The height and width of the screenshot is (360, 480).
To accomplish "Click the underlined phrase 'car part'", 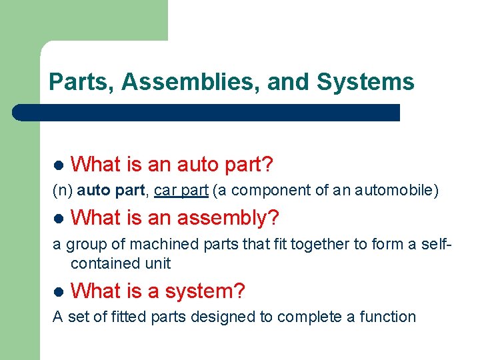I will (181, 191).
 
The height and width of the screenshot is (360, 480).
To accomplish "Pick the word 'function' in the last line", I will (388, 317).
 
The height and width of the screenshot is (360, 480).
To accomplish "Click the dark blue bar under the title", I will (207, 112).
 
